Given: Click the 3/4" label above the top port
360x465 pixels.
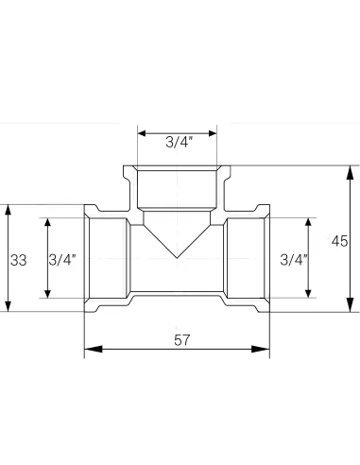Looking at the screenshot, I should pyautogui.click(x=178, y=143).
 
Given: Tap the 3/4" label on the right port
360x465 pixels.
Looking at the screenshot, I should pyautogui.click(x=294, y=259).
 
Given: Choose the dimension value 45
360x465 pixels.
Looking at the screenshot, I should pyautogui.click(x=339, y=240).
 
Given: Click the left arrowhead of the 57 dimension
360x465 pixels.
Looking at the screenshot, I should pyautogui.click(x=91, y=351).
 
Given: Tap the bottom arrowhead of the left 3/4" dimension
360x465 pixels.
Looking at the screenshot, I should pyautogui.click(x=45, y=293).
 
